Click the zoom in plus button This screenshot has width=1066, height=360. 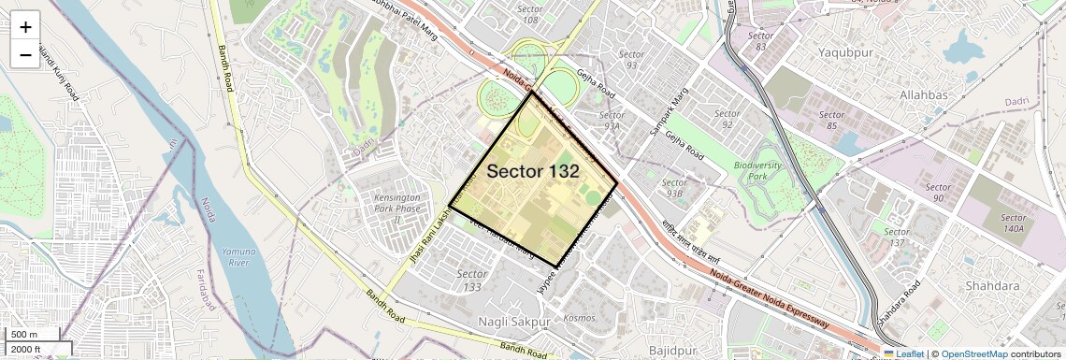coord(25,27)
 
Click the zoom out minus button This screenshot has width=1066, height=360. coord(25,55)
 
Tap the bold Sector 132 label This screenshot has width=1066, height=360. coord(534,171)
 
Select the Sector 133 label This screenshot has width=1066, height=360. coord(471,280)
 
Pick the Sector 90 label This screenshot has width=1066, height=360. coord(938,194)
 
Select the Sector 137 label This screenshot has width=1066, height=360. coord(897,238)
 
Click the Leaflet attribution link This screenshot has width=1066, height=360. coord(903,354)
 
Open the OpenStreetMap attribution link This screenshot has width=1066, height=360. coord(973,354)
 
